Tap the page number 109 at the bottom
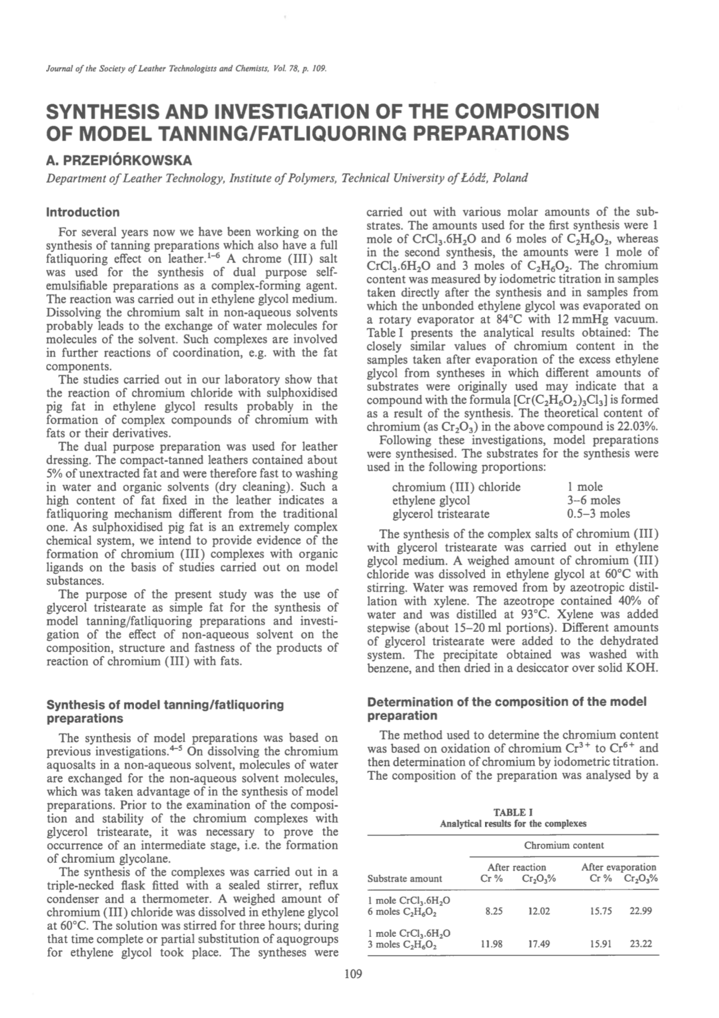point(352,974)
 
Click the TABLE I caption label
point(513,812)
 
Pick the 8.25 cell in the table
point(493,911)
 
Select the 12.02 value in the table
point(538,911)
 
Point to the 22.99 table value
point(641,911)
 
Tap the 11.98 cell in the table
point(492,943)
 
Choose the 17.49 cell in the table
point(538,943)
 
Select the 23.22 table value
point(641,943)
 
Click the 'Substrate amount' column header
point(405,878)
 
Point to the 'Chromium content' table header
point(564,845)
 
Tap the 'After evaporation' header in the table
point(619,867)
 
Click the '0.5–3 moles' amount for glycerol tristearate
point(598,513)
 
